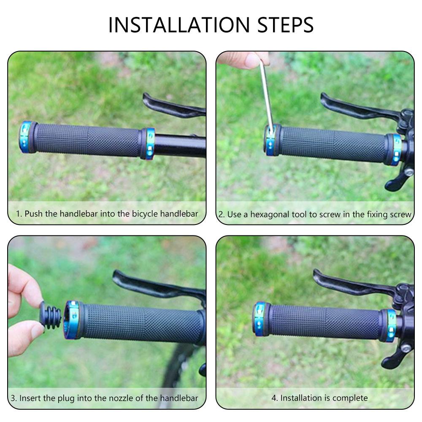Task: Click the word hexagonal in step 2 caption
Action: tap(270, 214)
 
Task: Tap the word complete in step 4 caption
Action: tap(350, 398)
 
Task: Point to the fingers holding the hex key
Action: tap(243, 60)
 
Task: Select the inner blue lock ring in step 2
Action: tap(395, 149)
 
